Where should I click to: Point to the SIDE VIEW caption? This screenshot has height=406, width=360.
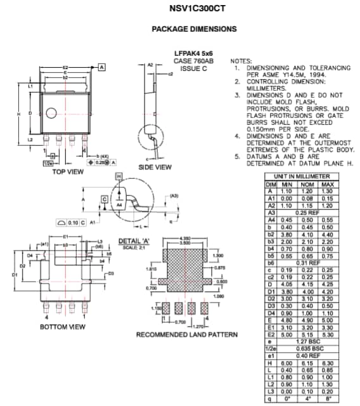[155, 167]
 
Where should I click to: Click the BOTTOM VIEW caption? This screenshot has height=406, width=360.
[62, 327]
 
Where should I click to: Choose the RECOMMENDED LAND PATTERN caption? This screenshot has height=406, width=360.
[186, 334]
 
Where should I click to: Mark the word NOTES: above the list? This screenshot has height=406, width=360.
[241, 60]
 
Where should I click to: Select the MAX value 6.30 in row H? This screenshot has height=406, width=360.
[345, 363]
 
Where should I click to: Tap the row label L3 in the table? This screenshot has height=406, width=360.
[270, 392]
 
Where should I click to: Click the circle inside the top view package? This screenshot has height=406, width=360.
[49, 114]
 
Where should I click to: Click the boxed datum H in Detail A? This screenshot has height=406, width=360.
[118, 176]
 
